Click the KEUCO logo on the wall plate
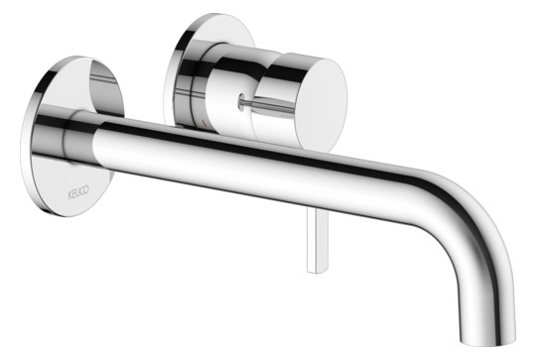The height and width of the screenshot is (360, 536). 78,192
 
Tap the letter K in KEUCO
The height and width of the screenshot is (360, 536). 69,195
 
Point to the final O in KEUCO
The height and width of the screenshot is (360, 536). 86,188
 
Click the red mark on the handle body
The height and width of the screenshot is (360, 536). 204,124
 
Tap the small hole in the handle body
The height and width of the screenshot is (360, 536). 241,101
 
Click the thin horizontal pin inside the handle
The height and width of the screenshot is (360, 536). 268,105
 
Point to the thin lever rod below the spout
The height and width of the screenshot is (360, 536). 318,240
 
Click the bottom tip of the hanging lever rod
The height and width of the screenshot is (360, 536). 316,273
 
